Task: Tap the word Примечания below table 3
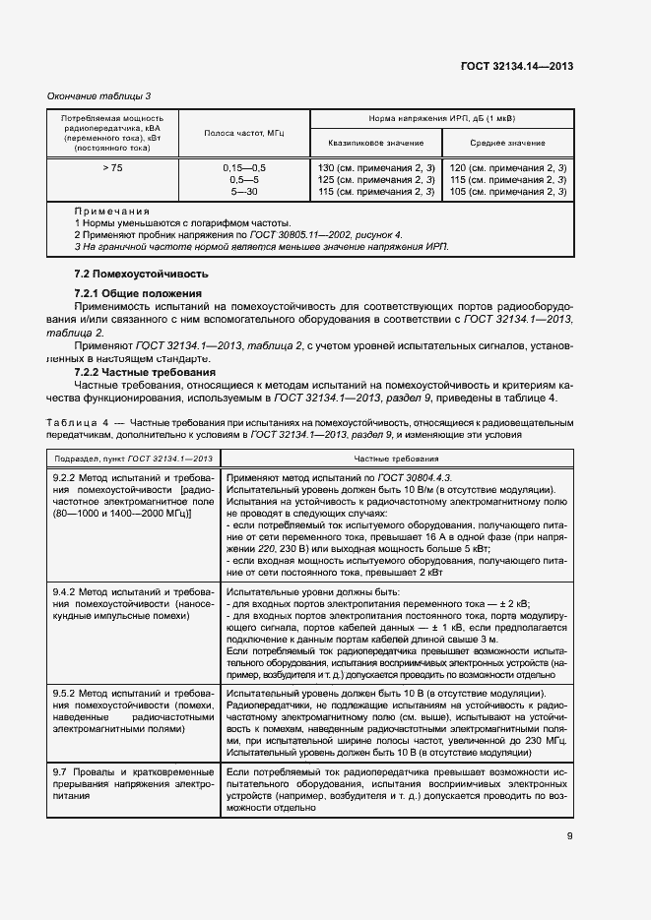[111, 212]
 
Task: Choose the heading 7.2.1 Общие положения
[138, 293]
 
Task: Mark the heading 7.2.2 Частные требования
[145, 373]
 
